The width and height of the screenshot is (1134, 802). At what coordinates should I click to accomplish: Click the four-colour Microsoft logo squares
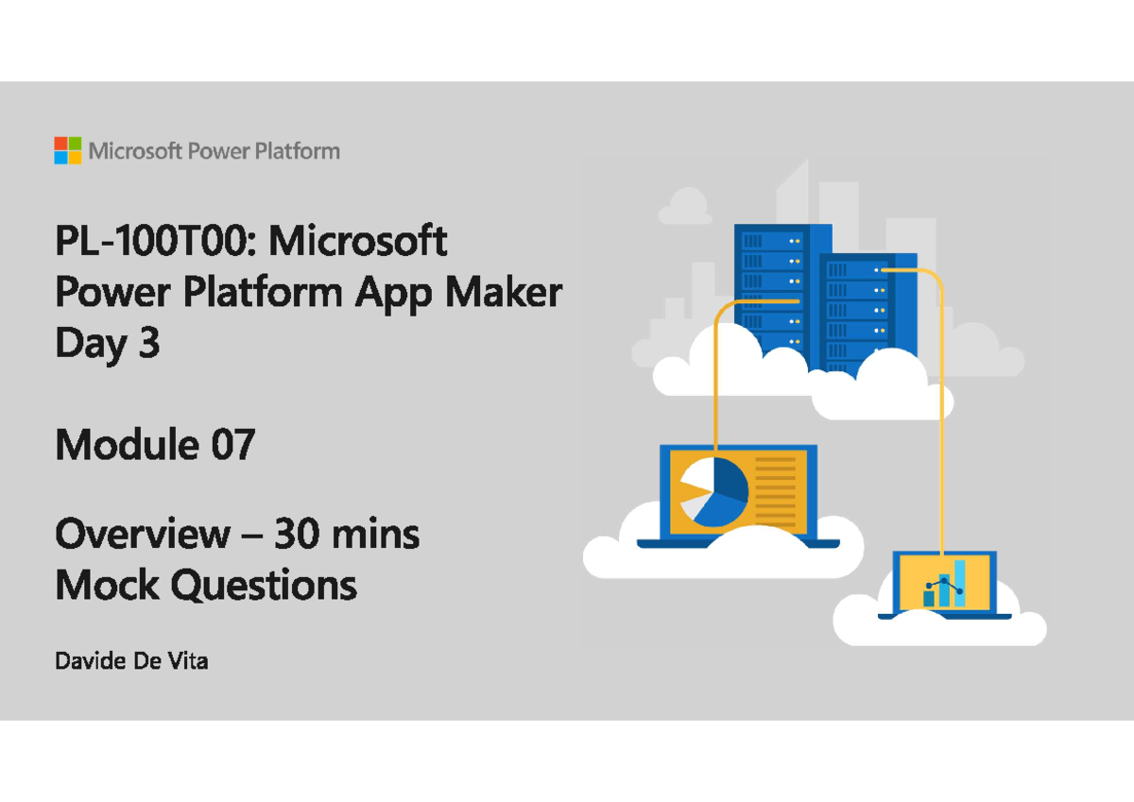coord(68,150)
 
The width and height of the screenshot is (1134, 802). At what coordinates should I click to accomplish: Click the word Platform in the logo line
coord(297,151)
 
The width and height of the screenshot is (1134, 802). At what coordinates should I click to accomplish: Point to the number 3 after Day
coord(149,343)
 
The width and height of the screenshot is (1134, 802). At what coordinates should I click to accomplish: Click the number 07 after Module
coord(232,444)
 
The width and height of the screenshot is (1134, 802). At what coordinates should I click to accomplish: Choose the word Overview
coord(143,534)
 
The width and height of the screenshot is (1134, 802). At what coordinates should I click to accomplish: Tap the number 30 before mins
coord(298,534)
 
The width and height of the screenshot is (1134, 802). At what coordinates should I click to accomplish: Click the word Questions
coord(264,585)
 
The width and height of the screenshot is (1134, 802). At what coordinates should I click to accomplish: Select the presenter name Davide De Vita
coord(131,661)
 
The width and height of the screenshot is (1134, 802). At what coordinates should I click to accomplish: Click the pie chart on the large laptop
coord(713,492)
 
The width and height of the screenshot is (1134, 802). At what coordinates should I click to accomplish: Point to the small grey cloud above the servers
coord(685,206)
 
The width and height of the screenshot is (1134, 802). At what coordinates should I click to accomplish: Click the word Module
coord(127,444)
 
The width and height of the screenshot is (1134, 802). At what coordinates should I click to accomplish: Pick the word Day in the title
coord(91,344)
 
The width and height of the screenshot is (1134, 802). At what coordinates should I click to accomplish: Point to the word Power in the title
coord(112,292)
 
